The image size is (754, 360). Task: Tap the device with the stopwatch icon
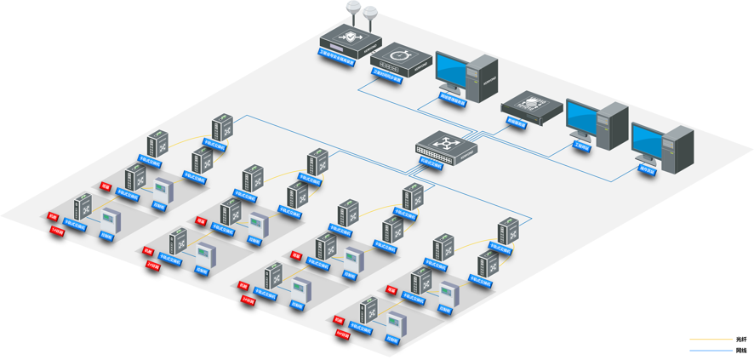point(402,60)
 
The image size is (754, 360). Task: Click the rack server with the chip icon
point(533,106)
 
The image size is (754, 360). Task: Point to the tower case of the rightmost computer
point(679,150)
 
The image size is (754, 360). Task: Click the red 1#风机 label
point(58,231)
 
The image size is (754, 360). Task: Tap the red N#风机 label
point(343,334)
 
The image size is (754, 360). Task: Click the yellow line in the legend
point(710,340)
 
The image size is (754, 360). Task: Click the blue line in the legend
point(710,350)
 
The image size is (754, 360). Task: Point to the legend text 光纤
point(740,340)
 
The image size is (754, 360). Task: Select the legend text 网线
point(740,350)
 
